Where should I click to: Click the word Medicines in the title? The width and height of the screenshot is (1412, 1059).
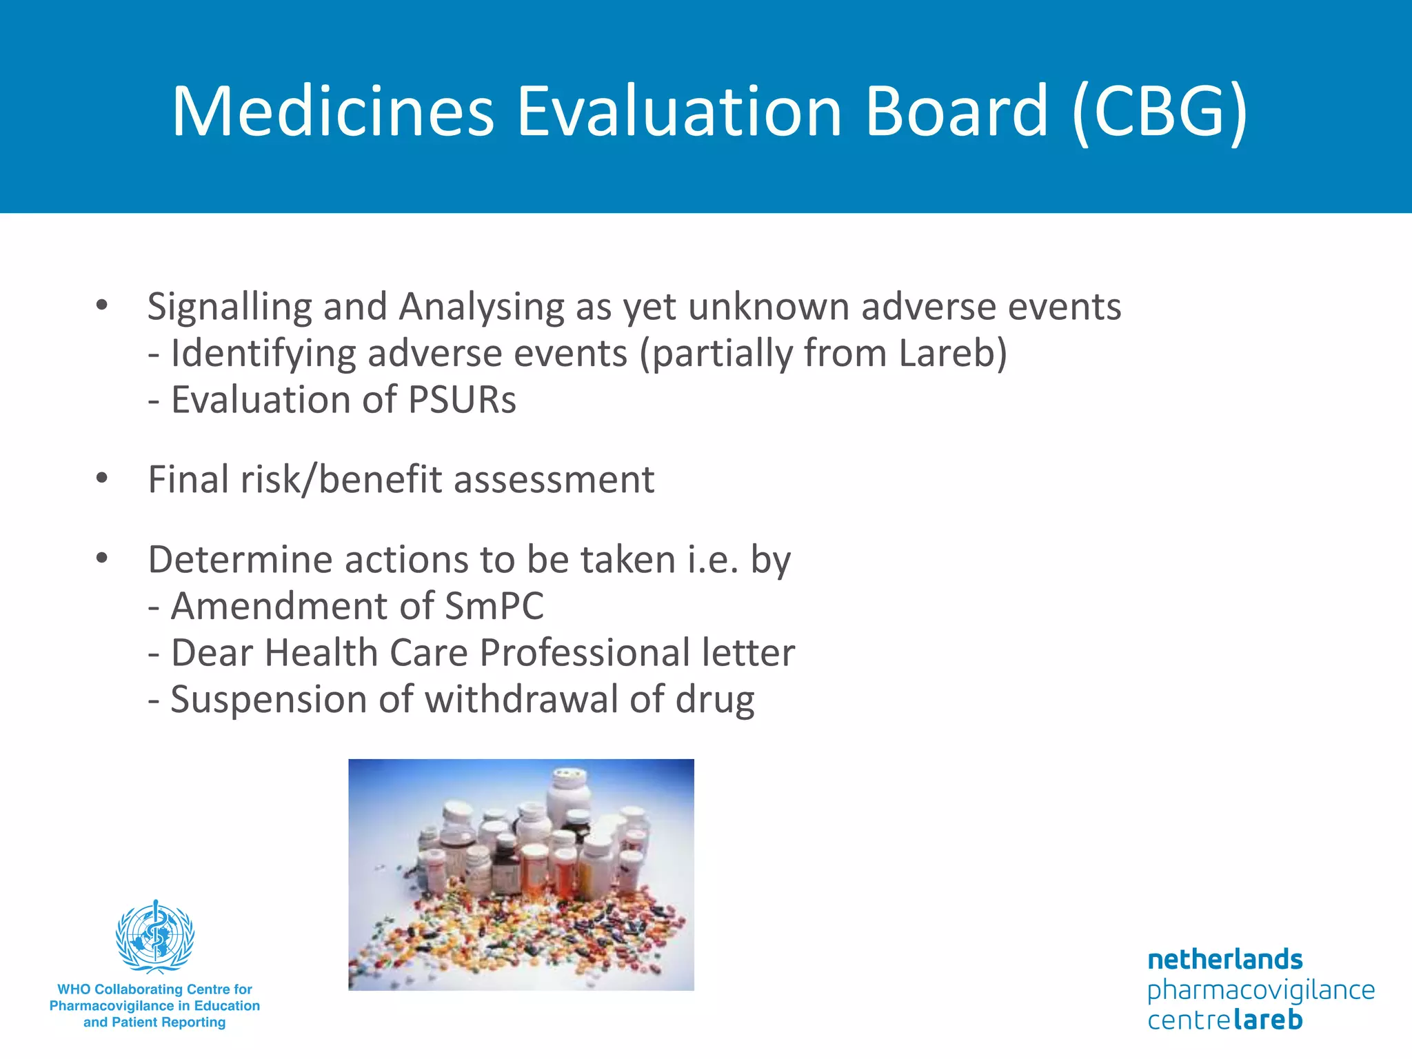(x=333, y=112)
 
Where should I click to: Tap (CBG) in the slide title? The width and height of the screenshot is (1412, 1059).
(x=1160, y=112)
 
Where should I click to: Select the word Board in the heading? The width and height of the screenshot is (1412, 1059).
(x=956, y=112)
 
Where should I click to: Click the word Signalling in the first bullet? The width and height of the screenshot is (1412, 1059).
(x=230, y=307)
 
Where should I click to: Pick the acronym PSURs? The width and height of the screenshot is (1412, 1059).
(x=462, y=400)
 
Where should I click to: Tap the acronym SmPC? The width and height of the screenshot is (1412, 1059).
(x=494, y=607)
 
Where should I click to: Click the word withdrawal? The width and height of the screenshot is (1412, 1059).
(x=521, y=700)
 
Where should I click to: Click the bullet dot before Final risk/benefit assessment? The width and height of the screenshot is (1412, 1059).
(x=102, y=478)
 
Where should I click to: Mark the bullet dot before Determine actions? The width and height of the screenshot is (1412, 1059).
(x=102, y=558)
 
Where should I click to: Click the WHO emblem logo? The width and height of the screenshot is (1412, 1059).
(x=155, y=936)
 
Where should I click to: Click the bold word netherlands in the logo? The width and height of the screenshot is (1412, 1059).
(x=1225, y=960)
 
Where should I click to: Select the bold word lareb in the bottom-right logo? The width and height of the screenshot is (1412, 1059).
(x=1267, y=1020)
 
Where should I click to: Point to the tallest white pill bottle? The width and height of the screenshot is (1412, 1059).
(x=568, y=793)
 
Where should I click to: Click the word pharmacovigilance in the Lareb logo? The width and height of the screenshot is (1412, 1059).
(x=1261, y=990)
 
